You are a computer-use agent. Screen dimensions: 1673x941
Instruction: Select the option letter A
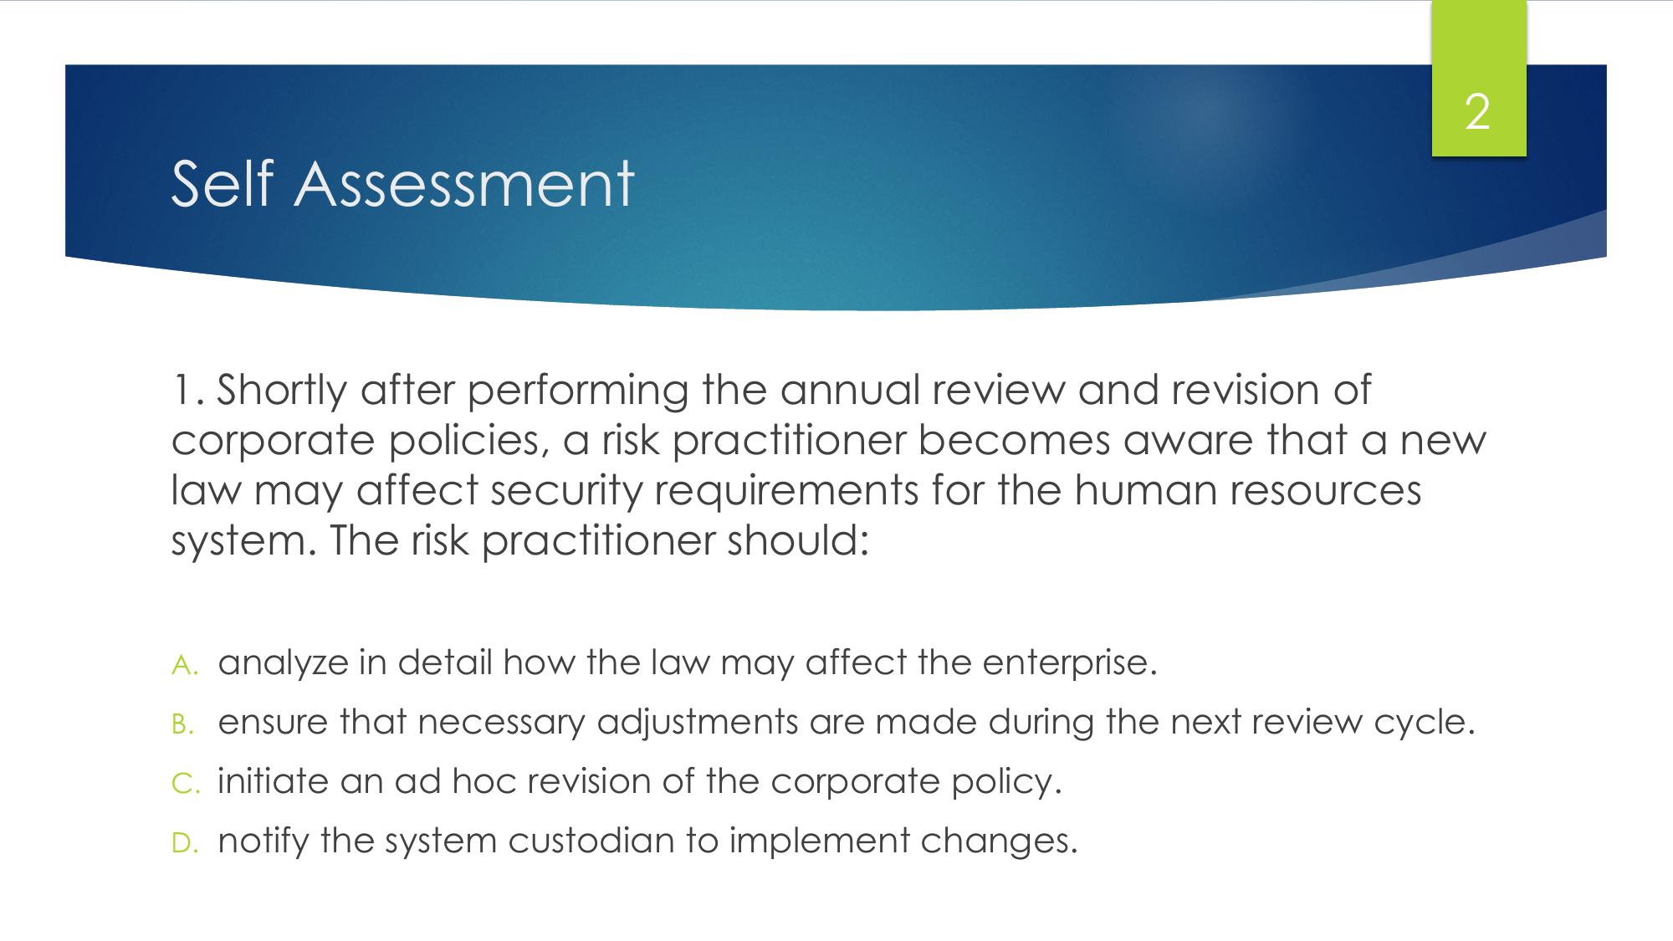click(184, 665)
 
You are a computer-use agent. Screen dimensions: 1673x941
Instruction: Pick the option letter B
click(183, 724)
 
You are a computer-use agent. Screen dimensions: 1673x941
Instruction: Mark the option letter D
click(184, 843)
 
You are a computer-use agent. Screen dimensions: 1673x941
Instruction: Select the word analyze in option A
click(283, 663)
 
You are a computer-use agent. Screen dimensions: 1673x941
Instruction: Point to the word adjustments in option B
click(698, 723)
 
